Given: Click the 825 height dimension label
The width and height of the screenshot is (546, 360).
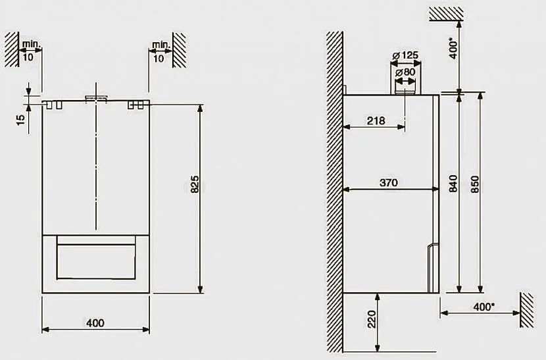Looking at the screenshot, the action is (195, 184).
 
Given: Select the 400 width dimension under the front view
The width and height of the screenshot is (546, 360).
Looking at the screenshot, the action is (95, 323).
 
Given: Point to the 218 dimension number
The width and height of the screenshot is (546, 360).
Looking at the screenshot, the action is (376, 120).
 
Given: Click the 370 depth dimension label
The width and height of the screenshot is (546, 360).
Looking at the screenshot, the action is (388, 182).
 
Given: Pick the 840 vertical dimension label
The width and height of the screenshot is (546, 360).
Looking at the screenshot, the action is (453, 184).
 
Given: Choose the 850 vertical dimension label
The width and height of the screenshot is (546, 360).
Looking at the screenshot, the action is (474, 184).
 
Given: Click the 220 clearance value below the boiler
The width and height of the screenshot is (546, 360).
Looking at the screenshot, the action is (372, 319).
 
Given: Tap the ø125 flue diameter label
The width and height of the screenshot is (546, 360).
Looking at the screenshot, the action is (405, 55).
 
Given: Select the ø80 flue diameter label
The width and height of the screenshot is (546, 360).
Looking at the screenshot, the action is (405, 72).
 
